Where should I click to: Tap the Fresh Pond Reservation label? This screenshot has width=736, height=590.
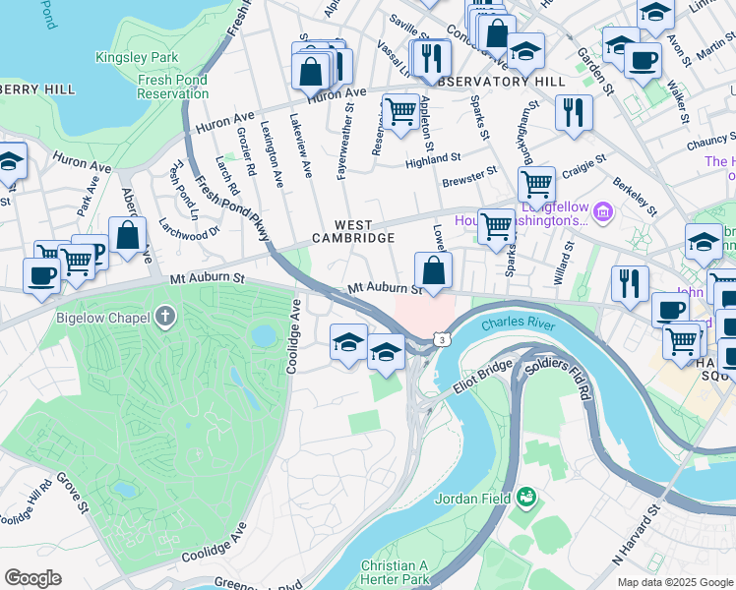(172, 87)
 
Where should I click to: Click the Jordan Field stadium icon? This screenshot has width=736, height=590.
(527, 498)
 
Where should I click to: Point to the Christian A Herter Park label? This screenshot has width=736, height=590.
(395, 572)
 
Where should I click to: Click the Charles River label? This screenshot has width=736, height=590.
(518, 324)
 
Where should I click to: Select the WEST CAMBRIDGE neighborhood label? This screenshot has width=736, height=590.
(353, 231)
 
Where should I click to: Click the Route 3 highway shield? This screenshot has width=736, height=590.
(443, 339)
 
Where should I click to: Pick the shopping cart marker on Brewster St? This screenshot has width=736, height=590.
(536, 183)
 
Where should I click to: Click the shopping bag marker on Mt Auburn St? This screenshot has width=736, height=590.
(433, 270)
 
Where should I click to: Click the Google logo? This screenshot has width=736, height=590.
(33, 577)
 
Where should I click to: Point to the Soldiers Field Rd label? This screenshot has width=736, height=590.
(568, 377)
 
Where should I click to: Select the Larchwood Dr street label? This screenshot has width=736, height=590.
(194, 233)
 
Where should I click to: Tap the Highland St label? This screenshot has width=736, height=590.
(434, 157)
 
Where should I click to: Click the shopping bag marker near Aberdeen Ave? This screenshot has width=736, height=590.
(128, 235)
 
